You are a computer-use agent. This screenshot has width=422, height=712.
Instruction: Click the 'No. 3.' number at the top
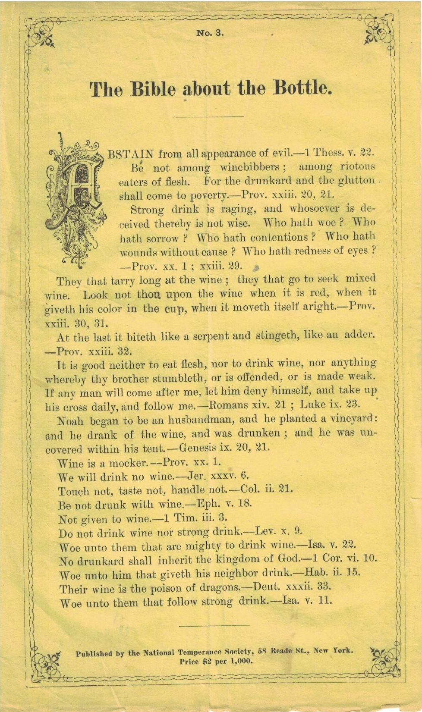click(x=210, y=33)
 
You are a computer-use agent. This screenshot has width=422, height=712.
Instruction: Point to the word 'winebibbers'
click(x=250, y=167)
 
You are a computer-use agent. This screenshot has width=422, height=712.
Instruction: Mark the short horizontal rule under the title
click(x=208, y=116)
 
